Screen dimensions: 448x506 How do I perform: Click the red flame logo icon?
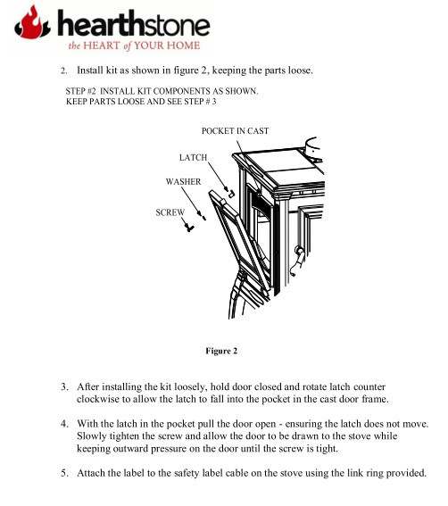click(32, 22)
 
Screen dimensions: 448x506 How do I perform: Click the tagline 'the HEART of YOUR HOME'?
click(134, 46)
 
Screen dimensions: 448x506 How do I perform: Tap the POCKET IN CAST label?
click(235, 130)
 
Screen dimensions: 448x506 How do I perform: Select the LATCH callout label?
click(193, 157)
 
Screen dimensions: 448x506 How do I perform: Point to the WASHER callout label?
click(183, 182)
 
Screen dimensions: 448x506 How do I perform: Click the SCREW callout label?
click(170, 212)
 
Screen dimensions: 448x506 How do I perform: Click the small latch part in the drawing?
click(230, 193)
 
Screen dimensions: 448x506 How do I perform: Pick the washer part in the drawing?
click(203, 216)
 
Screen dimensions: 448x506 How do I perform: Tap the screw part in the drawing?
click(189, 228)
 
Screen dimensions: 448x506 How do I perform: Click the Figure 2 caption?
click(221, 351)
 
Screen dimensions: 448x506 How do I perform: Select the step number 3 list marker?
click(64, 386)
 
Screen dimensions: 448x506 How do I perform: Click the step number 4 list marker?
click(64, 423)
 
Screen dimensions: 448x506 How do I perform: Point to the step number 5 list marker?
click(64, 473)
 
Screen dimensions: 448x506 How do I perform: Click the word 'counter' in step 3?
click(369, 387)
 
